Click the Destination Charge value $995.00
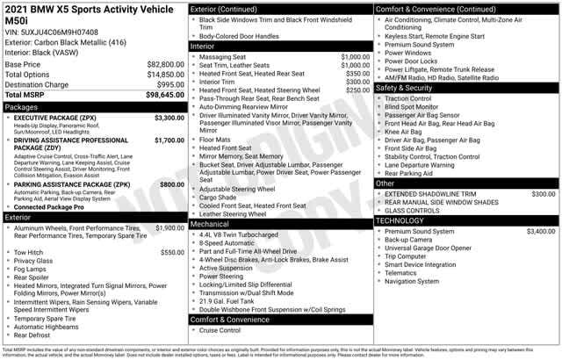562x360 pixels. (x=169, y=84)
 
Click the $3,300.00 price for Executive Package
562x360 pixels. (x=169, y=117)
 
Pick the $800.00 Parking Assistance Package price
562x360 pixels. (x=172, y=184)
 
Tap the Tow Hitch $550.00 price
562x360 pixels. (x=172, y=252)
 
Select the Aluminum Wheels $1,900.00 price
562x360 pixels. (x=169, y=227)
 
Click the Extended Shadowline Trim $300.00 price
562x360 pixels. (x=543, y=193)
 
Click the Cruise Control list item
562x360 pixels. (x=220, y=331)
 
